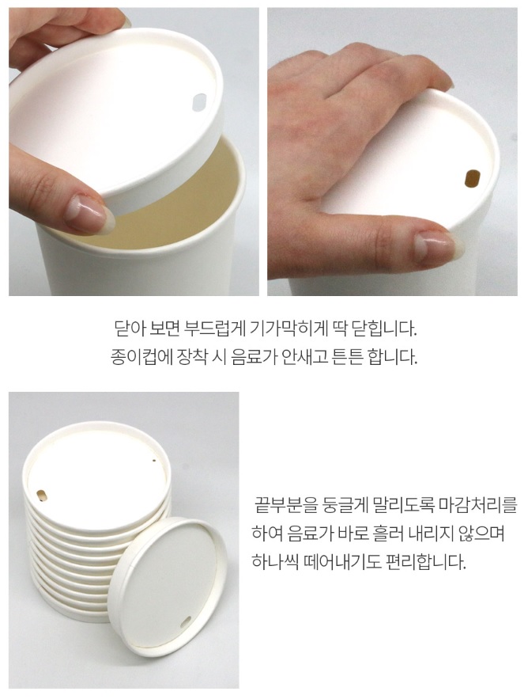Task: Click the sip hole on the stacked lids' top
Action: [x=41, y=495]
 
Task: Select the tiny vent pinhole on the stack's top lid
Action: [x=154, y=461]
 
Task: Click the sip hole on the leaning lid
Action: [x=187, y=621]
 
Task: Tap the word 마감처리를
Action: [x=477, y=506]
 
